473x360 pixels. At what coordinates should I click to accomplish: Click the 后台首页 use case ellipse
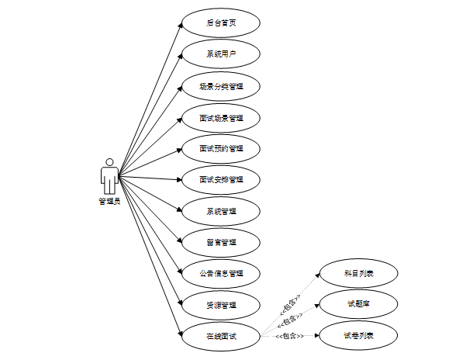pos(221,22)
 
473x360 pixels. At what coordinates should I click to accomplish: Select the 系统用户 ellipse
pos(221,54)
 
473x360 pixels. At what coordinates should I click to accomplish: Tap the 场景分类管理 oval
pos(221,86)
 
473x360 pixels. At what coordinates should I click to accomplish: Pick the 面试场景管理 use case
pos(221,118)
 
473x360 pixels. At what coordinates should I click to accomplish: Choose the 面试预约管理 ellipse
pos(221,148)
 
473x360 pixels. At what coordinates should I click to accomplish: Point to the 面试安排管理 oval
pos(221,179)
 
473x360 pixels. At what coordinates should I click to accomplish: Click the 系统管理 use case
pos(221,211)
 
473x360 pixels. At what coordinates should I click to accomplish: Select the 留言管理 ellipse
pos(221,242)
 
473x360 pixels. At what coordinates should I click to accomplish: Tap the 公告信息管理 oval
pos(221,273)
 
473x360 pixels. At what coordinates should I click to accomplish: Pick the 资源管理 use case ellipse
pos(221,304)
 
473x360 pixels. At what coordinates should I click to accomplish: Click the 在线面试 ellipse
pos(221,336)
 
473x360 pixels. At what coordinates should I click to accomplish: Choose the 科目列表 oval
pos(359,273)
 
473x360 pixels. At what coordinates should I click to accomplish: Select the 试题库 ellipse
pos(359,303)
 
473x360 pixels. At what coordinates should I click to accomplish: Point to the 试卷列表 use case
pos(359,335)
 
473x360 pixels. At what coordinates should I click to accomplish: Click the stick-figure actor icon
pos(109,177)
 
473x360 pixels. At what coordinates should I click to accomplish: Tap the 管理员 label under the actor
pos(109,202)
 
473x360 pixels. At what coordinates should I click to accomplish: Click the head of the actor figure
pos(109,163)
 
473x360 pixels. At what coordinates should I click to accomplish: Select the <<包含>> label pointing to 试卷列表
pos(288,337)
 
